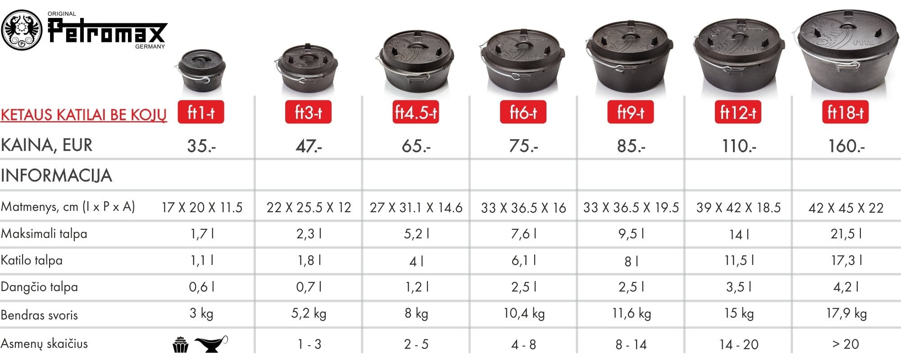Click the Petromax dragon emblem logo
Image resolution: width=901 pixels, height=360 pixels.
coord(22,30)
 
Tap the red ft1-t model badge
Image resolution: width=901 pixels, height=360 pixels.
coord(201,112)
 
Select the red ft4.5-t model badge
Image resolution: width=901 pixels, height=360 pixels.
coord(416,112)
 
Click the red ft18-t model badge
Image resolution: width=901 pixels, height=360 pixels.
coord(846,112)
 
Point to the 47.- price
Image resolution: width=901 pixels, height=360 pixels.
coord(309,146)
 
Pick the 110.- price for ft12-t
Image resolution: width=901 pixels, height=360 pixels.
coord(739,146)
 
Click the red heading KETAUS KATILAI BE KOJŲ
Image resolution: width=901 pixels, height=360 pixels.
coord(84,115)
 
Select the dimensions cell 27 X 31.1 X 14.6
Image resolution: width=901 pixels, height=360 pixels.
coord(416,207)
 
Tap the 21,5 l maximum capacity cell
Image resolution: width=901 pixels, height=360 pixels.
coord(846,233)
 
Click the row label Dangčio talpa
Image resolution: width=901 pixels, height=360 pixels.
coord(39,287)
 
